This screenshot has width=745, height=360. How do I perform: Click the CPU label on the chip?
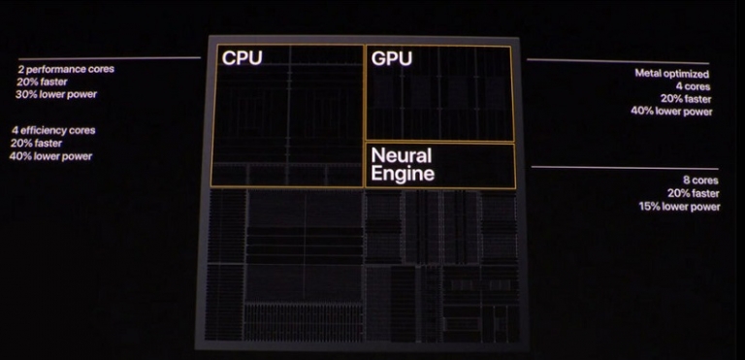(x=242, y=58)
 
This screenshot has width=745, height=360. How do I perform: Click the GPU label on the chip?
(x=391, y=59)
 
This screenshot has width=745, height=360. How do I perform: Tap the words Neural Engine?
(x=401, y=165)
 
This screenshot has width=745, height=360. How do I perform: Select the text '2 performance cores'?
(x=65, y=70)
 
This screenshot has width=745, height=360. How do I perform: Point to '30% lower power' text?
(x=56, y=94)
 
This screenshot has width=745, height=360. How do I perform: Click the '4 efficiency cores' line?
(x=53, y=130)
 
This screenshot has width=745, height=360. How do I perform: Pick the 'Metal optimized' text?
(x=672, y=74)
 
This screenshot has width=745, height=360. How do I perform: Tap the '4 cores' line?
(x=694, y=86)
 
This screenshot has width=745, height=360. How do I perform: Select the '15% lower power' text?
(x=679, y=206)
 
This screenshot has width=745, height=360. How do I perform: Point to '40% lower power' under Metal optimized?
(x=671, y=112)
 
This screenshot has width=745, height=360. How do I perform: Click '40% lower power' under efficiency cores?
(x=50, y=155)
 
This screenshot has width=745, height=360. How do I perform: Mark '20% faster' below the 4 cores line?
(x=687, y=99)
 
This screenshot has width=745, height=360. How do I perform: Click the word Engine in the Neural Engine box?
(x=401, y=175)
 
